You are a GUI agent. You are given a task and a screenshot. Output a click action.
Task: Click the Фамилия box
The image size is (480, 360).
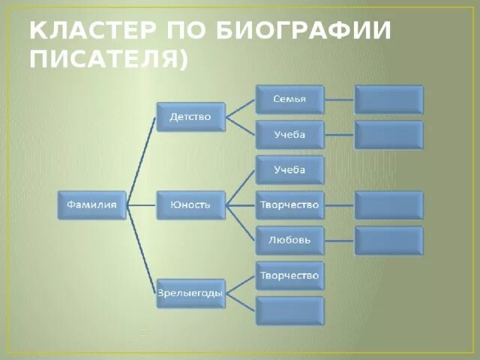pos(92,205)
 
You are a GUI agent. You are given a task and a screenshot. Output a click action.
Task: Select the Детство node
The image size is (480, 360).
pos(190,117)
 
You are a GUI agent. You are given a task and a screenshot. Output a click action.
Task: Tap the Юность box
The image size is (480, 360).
pos(190,205)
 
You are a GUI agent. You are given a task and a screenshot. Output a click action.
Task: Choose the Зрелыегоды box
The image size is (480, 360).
pos(190,293)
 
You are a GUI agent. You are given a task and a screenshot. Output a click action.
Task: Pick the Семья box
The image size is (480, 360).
pos(290,99)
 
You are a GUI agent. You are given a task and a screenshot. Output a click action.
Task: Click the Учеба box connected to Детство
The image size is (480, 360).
pos(290,135)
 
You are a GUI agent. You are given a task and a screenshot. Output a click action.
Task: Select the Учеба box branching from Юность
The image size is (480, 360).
pos(290,170)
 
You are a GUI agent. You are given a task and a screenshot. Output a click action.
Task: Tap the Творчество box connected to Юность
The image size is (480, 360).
pos(290,205)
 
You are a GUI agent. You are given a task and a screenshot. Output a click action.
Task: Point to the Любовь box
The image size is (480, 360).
pos(290,240)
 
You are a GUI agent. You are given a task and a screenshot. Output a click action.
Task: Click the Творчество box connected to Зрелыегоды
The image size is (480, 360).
pos(290,276)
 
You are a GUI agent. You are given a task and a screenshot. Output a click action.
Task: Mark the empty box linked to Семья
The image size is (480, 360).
pos(388,99)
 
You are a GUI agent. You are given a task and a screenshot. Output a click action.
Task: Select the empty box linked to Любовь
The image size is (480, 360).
pos(388,240)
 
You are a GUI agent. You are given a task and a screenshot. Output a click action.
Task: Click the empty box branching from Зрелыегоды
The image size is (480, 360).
pos(290,310)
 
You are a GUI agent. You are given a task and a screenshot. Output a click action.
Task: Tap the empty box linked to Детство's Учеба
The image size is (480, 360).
pos(388,135)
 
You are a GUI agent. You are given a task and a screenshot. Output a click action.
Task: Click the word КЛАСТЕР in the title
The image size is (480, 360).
pos(87,31)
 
